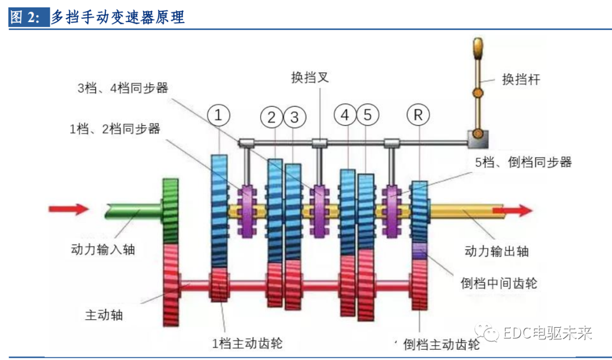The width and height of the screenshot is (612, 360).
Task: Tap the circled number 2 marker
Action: coord(272,117)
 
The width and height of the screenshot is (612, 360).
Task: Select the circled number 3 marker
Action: coord(294,117)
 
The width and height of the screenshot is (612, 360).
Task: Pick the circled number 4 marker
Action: coord(345,116)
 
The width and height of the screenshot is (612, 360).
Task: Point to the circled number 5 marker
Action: coord(367,116)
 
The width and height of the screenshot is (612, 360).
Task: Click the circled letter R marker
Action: coord(418,116)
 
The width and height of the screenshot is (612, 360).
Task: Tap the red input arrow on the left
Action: coord(69,209)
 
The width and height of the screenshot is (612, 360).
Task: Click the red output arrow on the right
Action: coord(512,211)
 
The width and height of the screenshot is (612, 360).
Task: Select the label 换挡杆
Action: coord(521,79)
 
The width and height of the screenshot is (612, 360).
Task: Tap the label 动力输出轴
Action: coord(496,251)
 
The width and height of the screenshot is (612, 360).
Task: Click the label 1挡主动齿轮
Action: coord(247,342)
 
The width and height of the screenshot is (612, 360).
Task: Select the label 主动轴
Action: coord(104,315)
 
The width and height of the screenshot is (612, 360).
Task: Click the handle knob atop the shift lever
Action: coord(478,48)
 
